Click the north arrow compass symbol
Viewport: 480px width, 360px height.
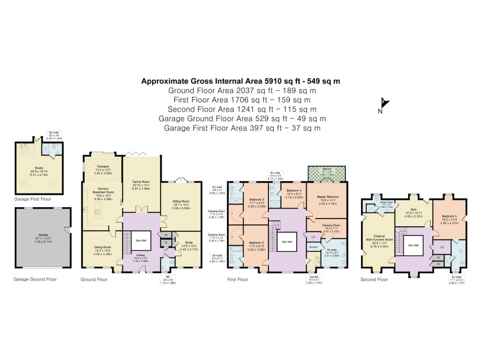[x=385, y=104]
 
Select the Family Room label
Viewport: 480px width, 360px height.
[x=141, y=182]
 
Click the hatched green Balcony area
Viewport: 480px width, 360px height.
[x=326, y=173]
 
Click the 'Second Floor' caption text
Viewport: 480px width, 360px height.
[x=374, y=280]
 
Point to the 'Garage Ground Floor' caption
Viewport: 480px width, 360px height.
[x=36, y=279]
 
